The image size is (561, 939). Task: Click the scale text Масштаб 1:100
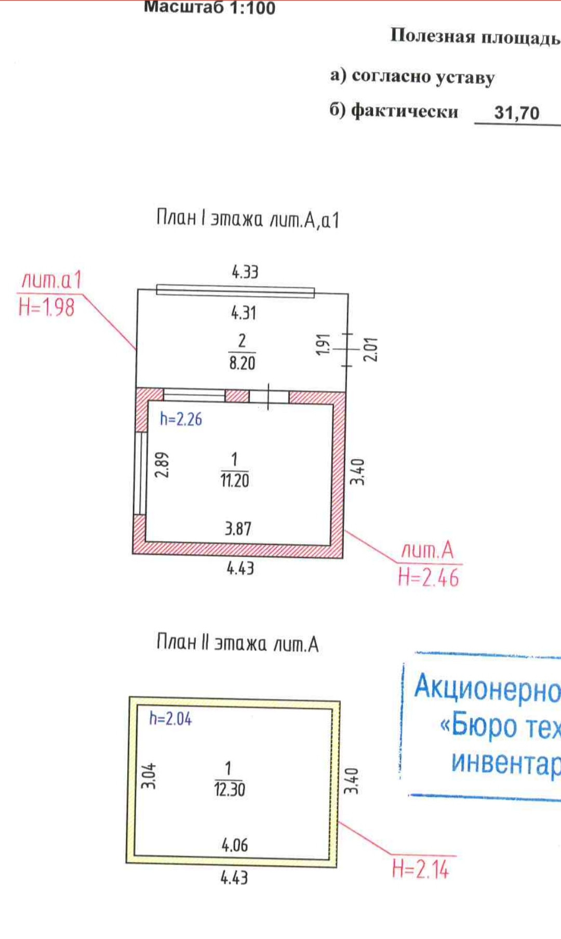pos(209,7)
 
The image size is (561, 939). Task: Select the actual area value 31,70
pos(516,113)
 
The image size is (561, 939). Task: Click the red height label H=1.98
pos(46,307)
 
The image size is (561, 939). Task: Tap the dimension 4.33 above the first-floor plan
pos(245,272)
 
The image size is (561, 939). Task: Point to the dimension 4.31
pos(244,313)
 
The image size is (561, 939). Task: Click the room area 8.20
pos(242,363)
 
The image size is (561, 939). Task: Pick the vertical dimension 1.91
pos(323,344)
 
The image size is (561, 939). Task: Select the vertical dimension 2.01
pos(370,349)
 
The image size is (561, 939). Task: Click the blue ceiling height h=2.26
pos(181,419)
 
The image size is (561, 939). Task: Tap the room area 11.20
pos(234,480)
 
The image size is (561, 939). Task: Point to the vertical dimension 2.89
pos(162,464)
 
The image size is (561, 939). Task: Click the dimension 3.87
pos(238,529)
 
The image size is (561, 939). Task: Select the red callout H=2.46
pos(429,578)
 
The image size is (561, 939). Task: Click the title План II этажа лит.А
pos(237,643)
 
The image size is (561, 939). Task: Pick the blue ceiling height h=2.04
pos(170,719)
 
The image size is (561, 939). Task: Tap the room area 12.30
pos(229,789)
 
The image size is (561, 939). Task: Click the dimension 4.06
pos(235,845)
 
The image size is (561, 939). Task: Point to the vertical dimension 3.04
pos(149,776)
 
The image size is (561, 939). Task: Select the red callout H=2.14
pos(420,869)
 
